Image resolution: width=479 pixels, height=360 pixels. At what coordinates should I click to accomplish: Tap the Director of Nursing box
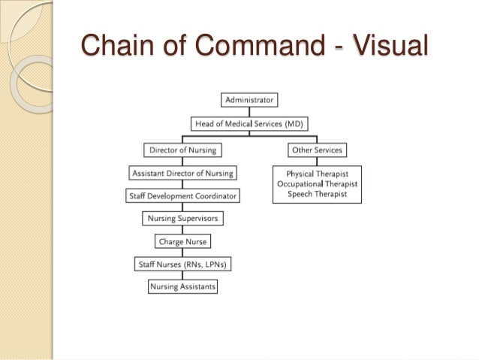pyautogui.click(x=182, y=150)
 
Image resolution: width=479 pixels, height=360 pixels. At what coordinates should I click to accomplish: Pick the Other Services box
pyautogui.click(x=317, y=150)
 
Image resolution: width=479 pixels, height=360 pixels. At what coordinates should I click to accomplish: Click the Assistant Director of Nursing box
pyautogui.click(x=182, y=173)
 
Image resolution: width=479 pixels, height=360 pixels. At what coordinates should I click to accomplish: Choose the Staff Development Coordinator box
pyautogui.click(x=182, y=195)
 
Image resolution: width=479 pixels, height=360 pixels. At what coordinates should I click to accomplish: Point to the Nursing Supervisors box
pyautogui.click(x=182, y=219)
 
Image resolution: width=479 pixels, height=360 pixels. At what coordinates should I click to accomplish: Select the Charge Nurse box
pyautogui.click(x=182, y=241)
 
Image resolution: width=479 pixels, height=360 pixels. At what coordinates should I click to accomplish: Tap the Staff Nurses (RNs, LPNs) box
pyautogui.click(x=182, y=264)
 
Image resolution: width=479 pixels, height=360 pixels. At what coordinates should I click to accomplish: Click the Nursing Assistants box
pyautogui.click(x=182, y=286)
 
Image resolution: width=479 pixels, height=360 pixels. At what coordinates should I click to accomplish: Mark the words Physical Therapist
pyautogui.click(x=317, y=174)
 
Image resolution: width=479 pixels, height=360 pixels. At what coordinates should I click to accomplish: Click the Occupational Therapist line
pyautogui.click(x=317, y=184)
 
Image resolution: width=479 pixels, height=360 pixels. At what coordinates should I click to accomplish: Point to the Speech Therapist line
pyautogui.click(x=317, y=194)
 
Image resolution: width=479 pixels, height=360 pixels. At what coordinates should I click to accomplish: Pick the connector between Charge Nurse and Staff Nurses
pyautogui.click(x=182, y=253)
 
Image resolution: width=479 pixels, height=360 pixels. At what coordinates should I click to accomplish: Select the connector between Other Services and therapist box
pyautogui.click(x=317, y=161)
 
